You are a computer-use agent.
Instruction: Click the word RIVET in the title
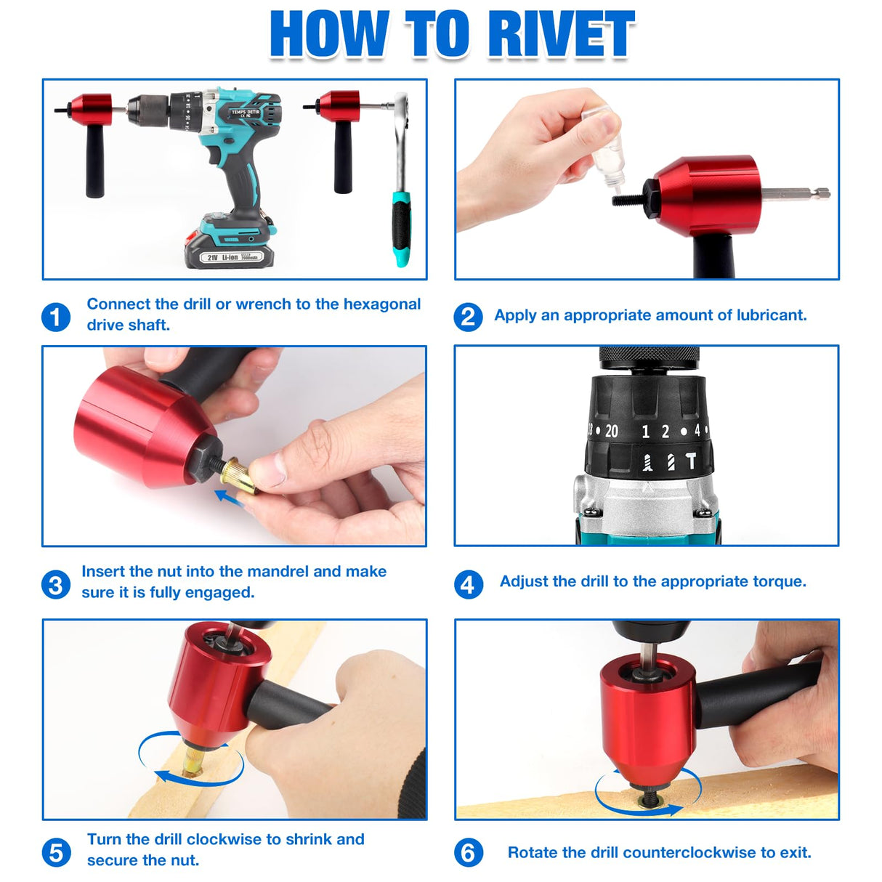click(561, 35)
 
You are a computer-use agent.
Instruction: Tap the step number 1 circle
click(56, 317)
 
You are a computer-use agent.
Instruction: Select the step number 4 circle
click(469, 584)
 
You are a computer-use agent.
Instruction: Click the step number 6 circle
click(469, 852)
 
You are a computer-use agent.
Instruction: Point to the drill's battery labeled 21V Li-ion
click(229, 254)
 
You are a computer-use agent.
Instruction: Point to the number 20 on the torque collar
click(612, 432)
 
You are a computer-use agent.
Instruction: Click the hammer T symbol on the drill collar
click(691, 461)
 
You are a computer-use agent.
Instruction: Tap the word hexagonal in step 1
click(381, 304)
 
